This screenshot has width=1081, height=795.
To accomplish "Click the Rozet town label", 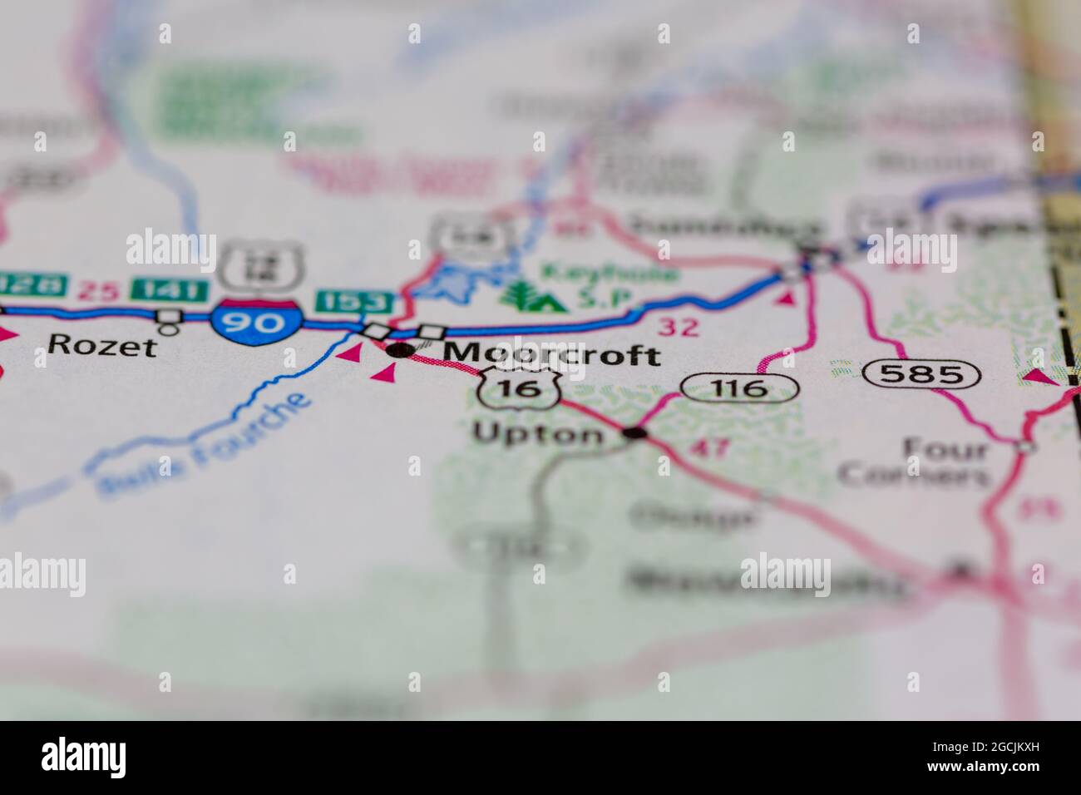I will (x=102, y=344).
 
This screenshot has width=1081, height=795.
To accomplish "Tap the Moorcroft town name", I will (x=552, y=354).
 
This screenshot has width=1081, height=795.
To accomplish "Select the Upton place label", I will (x=539, y=433).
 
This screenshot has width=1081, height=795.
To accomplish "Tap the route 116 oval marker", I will (x=739, y=387).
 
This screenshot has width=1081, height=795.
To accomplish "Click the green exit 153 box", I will (x=353, y=301).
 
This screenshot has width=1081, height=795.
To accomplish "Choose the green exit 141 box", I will (x=170, y=289).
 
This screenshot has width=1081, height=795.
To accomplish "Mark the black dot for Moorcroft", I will (x=401, y=350).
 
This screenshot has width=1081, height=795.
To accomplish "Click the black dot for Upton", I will (x=635, y=432).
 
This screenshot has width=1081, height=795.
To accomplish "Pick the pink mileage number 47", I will (x=710, y=448).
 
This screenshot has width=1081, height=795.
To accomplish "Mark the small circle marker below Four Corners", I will (x=1026, y=447).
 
